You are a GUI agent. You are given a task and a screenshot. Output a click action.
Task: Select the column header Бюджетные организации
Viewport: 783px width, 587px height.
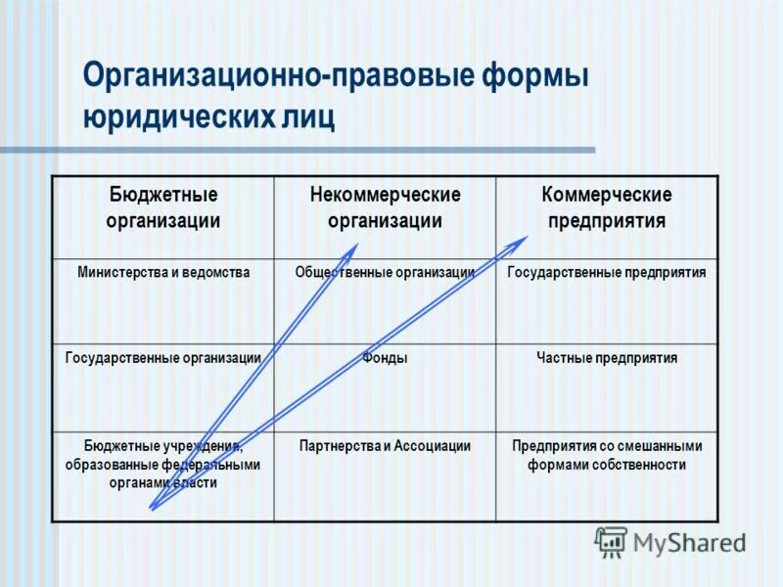[162, 207]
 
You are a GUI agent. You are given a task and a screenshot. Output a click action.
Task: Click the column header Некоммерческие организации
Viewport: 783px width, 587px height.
[385, 207]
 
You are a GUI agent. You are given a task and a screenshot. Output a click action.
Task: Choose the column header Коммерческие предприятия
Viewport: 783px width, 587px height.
[607, 207]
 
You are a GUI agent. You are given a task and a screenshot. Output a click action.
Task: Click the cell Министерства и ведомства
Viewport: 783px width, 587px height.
[163, 272]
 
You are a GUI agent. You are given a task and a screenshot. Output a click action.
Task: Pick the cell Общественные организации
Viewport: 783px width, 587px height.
[385, 272]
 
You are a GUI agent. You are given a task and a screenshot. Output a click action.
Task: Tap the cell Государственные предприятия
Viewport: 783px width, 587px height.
[607, 272]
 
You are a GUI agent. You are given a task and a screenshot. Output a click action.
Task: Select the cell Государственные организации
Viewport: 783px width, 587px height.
[163, 358]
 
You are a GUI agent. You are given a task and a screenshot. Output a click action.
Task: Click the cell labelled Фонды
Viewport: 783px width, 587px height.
[385, 358]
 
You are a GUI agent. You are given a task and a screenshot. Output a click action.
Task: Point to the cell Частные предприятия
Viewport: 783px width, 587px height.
[607, 358]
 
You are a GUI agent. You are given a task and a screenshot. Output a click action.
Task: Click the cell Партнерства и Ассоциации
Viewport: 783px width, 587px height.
[385, 445]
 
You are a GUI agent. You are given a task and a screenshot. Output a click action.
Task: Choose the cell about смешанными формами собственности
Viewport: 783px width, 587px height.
[607, 455]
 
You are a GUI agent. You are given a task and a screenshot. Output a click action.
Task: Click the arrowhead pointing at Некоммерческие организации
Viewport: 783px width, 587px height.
[354, 248]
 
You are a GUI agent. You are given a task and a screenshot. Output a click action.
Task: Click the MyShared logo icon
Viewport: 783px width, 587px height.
[611, 541]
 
